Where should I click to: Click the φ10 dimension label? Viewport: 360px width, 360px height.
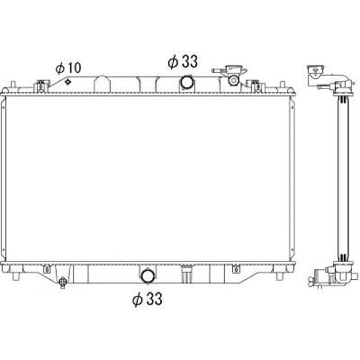pos(68,68)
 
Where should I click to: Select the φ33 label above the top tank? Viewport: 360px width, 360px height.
pos(183,61)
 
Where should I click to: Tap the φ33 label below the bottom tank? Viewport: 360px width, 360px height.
pos(147,299)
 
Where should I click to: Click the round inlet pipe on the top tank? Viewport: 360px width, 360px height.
pos(187,82)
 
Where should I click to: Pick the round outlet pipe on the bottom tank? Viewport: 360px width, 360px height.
pos(148,276)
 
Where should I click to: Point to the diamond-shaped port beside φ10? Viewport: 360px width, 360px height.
pos(68,82)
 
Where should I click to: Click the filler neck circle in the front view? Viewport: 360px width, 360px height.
pos(234,80)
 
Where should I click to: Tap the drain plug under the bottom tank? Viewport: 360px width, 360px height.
pos(62,282)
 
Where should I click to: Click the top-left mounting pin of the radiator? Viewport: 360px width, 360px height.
pos(13,84)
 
